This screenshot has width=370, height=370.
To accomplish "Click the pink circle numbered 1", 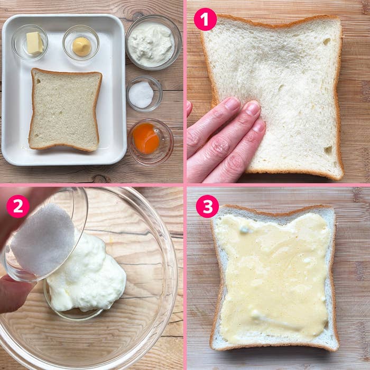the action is [205, 20].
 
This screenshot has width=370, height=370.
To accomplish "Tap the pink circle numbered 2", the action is [18, 206].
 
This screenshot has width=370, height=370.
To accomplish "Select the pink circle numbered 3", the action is [207, 206].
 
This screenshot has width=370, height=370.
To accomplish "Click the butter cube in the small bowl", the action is [34, 43].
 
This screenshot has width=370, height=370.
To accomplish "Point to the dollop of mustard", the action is [81, 47].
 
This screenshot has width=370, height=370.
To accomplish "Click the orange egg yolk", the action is [146, 138].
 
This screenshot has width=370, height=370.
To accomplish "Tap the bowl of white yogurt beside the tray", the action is [154, 42].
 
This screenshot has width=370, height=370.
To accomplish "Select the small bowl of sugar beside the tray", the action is [144, 94].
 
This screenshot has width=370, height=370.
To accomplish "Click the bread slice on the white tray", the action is [65, 110].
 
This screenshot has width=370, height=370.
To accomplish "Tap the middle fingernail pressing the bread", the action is [253, 108].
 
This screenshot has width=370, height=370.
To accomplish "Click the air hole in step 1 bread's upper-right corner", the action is [327, 42].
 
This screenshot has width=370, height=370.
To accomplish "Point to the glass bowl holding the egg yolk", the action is [151, 142].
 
